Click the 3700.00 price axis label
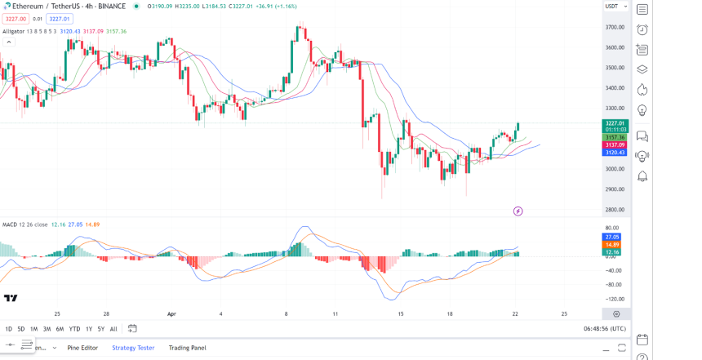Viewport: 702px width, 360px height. (615, 27)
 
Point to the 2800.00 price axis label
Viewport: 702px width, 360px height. (615, 210)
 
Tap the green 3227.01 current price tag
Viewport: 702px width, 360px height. (615, 123)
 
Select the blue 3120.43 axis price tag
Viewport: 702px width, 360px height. (615, 152)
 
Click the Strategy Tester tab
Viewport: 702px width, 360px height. (133, 348)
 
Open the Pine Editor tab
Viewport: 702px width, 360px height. (82, 348)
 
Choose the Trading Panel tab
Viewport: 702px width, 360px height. (187, 348)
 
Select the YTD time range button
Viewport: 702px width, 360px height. (74, 329)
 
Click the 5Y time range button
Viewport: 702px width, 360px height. (100, 329)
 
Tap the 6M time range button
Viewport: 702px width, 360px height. (60, 329)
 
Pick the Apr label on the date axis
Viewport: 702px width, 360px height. (171, 313)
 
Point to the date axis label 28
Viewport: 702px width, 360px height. (106, 313)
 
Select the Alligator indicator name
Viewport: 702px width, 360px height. (14, 31)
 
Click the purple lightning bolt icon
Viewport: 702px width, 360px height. (518, 211)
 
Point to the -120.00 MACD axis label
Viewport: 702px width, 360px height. (615, 300)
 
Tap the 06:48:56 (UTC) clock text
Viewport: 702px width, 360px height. (605, 329)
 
